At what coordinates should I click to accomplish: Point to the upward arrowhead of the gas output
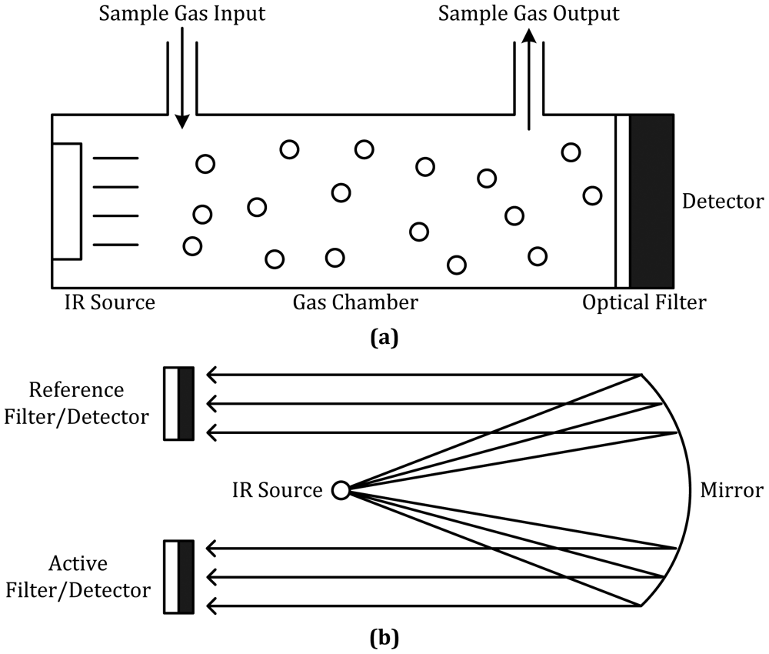pyautogui.click(x=528, y=37)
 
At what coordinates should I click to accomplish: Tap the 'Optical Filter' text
pyautogui.click(x=644, y=302)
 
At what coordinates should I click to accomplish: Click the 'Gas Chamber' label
pyautogui.click(x=355, y=302)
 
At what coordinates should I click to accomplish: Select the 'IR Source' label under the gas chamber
pyautogui.click(x=110, y=302)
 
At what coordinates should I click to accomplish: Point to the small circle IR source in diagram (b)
pyautogui.click(x=340, y=489)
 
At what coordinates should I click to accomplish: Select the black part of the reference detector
pyautogui.click(x=185, y=404)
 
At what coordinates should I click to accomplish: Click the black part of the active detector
pyautogui.click(x=185, y=577)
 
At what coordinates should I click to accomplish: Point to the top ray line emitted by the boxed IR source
pyautogui.click(x=115, y=158)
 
